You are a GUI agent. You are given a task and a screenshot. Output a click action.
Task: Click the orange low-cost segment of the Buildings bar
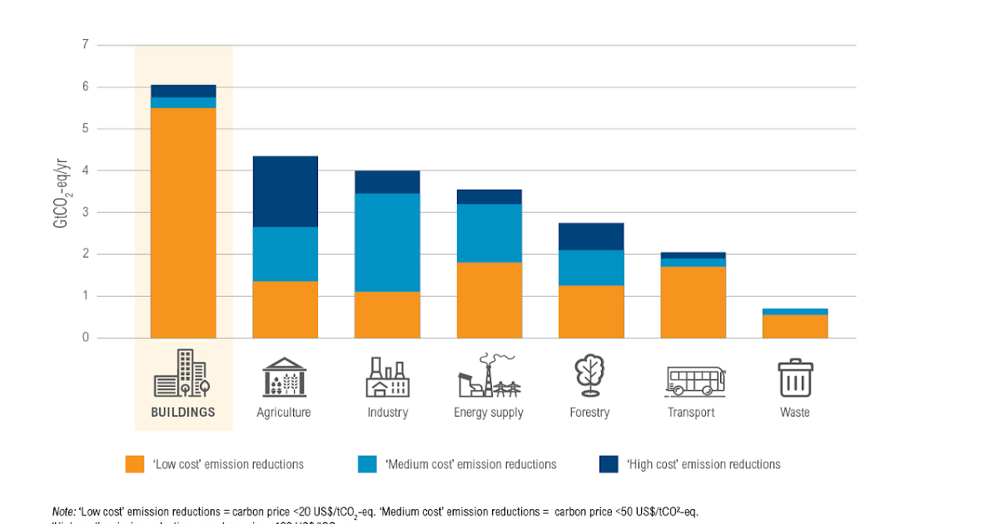(x=183, y=223)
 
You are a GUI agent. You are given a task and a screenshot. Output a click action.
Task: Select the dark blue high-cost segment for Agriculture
(x=285, y=191)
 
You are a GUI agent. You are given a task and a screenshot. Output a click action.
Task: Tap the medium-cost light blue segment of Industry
(x=386, y=242)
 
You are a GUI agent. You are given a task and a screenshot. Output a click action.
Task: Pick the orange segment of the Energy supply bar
(x=489, y=300)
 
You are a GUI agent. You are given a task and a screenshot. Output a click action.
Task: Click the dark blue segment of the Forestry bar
(x=590, y=236)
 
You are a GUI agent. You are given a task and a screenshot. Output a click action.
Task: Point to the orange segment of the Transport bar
(x=693, y=302)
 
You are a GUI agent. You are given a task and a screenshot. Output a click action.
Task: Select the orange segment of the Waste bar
(x=794, y=326)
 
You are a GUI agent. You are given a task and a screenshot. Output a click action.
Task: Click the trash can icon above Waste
(x=795, y=378)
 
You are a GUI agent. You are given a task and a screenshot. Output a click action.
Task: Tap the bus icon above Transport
(x=694, y=379)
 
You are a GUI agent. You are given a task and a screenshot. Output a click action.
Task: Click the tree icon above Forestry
(x=590, y=376)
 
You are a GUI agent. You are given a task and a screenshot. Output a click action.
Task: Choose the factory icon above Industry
(x=387, y=378)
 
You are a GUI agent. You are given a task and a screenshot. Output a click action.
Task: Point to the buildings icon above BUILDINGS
(x=182, y=373)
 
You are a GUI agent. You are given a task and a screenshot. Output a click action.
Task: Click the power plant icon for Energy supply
(x=489, y=376)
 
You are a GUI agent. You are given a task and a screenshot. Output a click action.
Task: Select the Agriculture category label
(x=284, y=413)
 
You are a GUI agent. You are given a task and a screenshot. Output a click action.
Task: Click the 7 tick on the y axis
(x=85, y=45)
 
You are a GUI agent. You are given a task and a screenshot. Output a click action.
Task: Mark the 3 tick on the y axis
(x=85, y=212)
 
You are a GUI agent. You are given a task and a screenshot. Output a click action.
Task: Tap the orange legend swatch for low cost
(x=135, y=464)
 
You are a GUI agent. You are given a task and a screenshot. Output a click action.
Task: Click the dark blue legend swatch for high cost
(x=609, y=464)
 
